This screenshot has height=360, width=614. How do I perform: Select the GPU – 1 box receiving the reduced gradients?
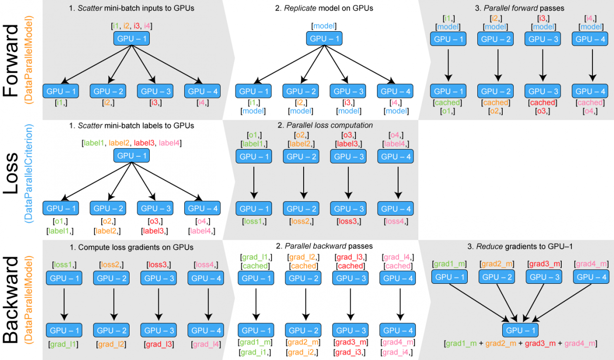[x=520, y=330]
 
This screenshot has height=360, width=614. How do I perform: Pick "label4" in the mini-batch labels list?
[x=170, y=143]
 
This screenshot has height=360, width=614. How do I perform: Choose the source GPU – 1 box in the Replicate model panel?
[x=324, y=39]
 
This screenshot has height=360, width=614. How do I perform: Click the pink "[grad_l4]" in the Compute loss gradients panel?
[x=207, y=344]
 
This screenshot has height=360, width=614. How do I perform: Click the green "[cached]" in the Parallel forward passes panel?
[x=447, y=103]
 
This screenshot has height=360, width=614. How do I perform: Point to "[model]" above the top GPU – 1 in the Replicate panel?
[x=324, y=26]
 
